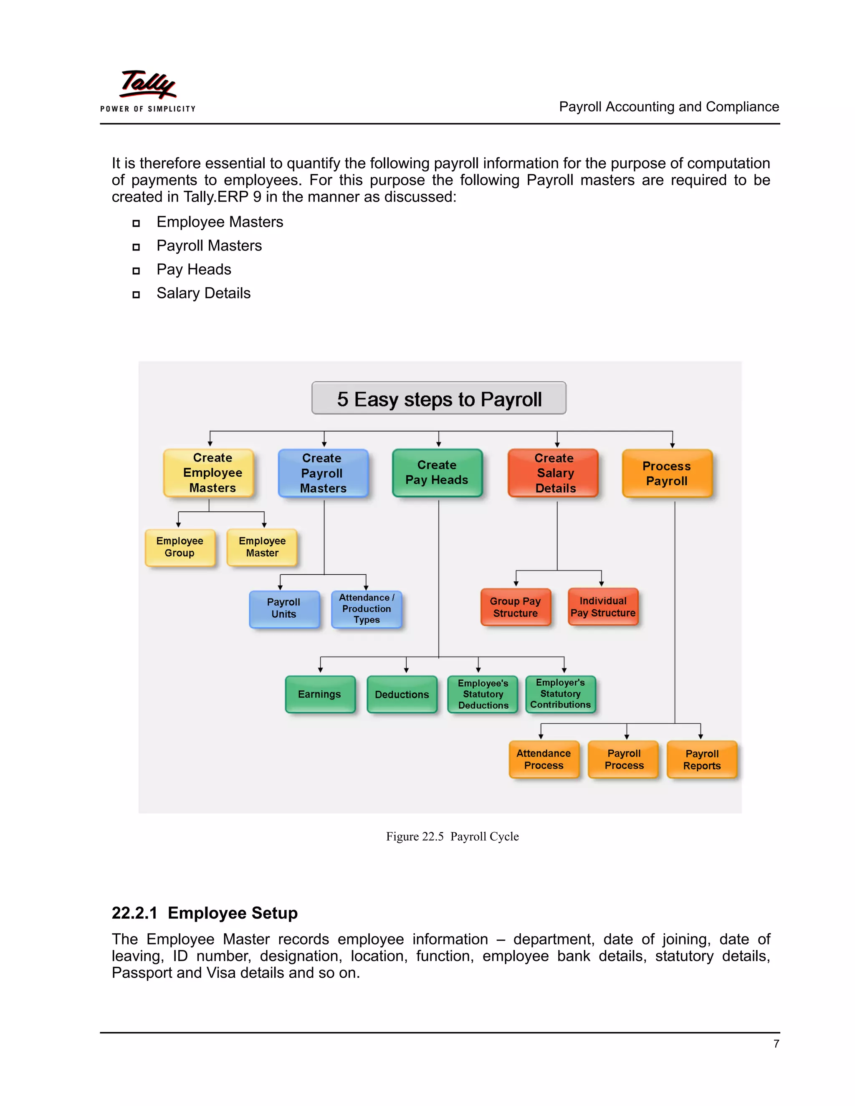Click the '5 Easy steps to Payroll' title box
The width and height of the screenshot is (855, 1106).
coord(439,399)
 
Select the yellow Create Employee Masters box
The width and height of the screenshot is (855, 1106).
coord(209,472)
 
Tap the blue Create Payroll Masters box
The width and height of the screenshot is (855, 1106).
coord(323,473)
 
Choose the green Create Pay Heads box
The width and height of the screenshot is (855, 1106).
coord(437,472)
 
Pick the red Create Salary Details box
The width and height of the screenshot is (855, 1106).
coord(553,473)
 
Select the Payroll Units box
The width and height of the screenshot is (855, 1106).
coord(284,609)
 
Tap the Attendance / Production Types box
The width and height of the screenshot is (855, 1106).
coord(367,609)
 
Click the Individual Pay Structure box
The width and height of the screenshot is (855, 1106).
coord(603,607)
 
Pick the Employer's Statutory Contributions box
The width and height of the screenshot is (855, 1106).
coord(560,694)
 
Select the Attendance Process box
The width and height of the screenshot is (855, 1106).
coord(544,760)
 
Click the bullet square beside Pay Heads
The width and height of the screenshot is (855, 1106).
coord(136,271)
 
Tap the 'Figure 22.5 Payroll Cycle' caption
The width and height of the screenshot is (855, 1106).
coord(452,836)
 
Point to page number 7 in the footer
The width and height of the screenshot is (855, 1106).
coord(776,1044)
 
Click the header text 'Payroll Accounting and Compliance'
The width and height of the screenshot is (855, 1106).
coord(669,107)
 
